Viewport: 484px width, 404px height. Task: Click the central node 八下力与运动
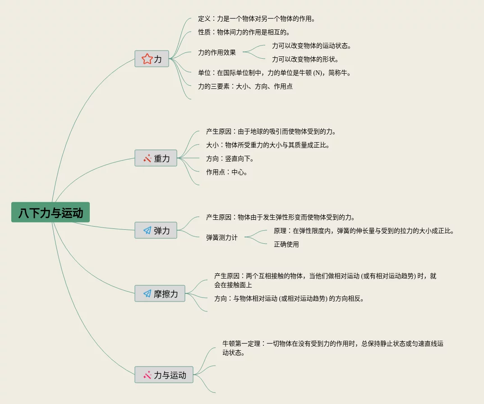point(51,212)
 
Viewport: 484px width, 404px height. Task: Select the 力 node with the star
point(152,59)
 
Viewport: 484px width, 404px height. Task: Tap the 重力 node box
point(156,158)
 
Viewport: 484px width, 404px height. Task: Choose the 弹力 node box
point(156,230)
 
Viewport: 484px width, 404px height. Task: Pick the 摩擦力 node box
point(160,293)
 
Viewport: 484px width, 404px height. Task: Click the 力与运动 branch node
point(164,375)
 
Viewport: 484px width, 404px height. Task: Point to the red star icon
point(147,59)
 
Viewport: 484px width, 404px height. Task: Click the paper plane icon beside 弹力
point(147,230)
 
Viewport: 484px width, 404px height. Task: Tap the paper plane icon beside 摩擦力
point(147,293)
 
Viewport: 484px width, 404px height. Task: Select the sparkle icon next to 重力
point(147,158)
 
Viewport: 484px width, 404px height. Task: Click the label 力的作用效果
point(217,52)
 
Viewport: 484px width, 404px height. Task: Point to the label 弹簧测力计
point(221,237)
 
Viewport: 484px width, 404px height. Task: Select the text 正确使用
point(286,244)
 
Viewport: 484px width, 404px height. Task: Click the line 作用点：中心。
point(227,172)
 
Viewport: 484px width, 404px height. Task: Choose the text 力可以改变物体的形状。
point(305,59)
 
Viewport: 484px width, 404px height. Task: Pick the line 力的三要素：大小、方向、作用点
point(245,86)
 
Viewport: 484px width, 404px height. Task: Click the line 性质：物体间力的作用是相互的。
point(244,32)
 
